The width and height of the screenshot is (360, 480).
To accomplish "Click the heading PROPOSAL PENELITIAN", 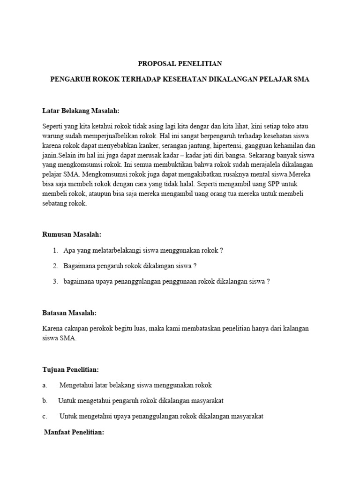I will pos(180,63).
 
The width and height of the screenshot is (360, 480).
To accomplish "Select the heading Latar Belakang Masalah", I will pos(81,111).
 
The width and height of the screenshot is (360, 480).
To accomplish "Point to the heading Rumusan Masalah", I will pos(72,234).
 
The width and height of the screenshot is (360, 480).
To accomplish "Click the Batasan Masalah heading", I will pos(69,312).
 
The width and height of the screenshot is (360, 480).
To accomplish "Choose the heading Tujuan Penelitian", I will pos(71,370).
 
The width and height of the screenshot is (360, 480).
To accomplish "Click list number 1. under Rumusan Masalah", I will pos(55,250).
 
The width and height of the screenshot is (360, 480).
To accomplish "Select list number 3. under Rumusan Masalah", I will pos(55,281).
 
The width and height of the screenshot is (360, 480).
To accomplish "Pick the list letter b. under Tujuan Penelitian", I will pos(45,401).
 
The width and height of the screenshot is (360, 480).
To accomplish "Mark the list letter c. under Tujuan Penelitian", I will pos(45,416).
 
